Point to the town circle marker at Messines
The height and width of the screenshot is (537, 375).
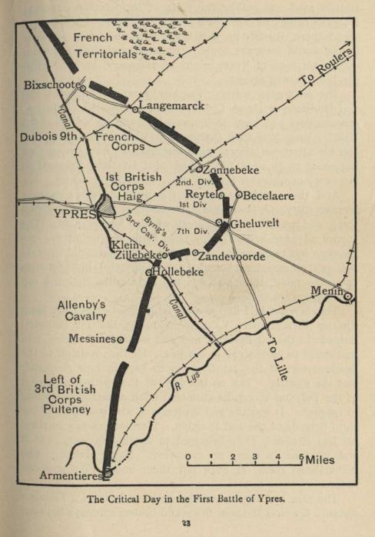pyautogui.click(x=121, y=339)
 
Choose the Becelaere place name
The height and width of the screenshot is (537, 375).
pyautogui.click(x=269, y=196)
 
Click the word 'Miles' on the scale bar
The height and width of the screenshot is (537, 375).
pyautogui.click(x=320, y=460)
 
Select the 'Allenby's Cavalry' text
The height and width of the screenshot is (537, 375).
pyautogui.click(x=81, y=309)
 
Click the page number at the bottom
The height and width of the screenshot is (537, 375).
pyautogui.click(x=187, y=524)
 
